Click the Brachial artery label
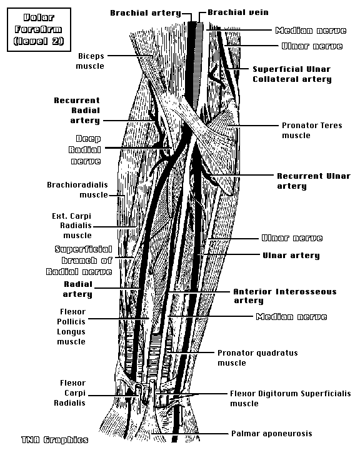pos(146,13)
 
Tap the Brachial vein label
pos(238,12)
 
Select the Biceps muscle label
pos(90,61)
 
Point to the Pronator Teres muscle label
pos(312,130)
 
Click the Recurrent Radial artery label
pos(77,111)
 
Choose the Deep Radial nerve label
pos(85,150)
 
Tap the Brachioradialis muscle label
pos(77,190)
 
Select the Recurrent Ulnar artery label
pos(314,181)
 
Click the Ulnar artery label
pos(291,256)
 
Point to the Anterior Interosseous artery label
pos(285,296)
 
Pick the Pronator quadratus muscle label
pos(257,358)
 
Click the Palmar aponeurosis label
pos(272,433)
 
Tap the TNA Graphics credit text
pos(54,439)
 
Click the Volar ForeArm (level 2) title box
pos(39,29)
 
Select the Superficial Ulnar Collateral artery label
pos(292,74)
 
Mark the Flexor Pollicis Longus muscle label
pos(71,327)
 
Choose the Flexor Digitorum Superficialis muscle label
pos(291,398)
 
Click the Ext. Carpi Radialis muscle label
pos(72,226)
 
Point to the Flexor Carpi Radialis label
pos(70,393)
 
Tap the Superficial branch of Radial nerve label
pos(79,260)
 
